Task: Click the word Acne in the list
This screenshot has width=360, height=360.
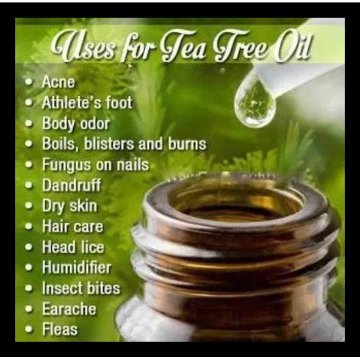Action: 58,82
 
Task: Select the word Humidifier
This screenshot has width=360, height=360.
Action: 76,267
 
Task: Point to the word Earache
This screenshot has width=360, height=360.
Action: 69,309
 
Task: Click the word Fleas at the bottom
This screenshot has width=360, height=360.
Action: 60,329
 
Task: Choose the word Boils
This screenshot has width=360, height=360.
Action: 58,144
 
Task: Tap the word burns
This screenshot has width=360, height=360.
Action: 187,145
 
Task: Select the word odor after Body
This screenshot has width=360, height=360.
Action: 93,123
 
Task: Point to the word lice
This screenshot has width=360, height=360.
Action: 91,247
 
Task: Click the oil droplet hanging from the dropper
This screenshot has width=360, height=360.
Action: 255,104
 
